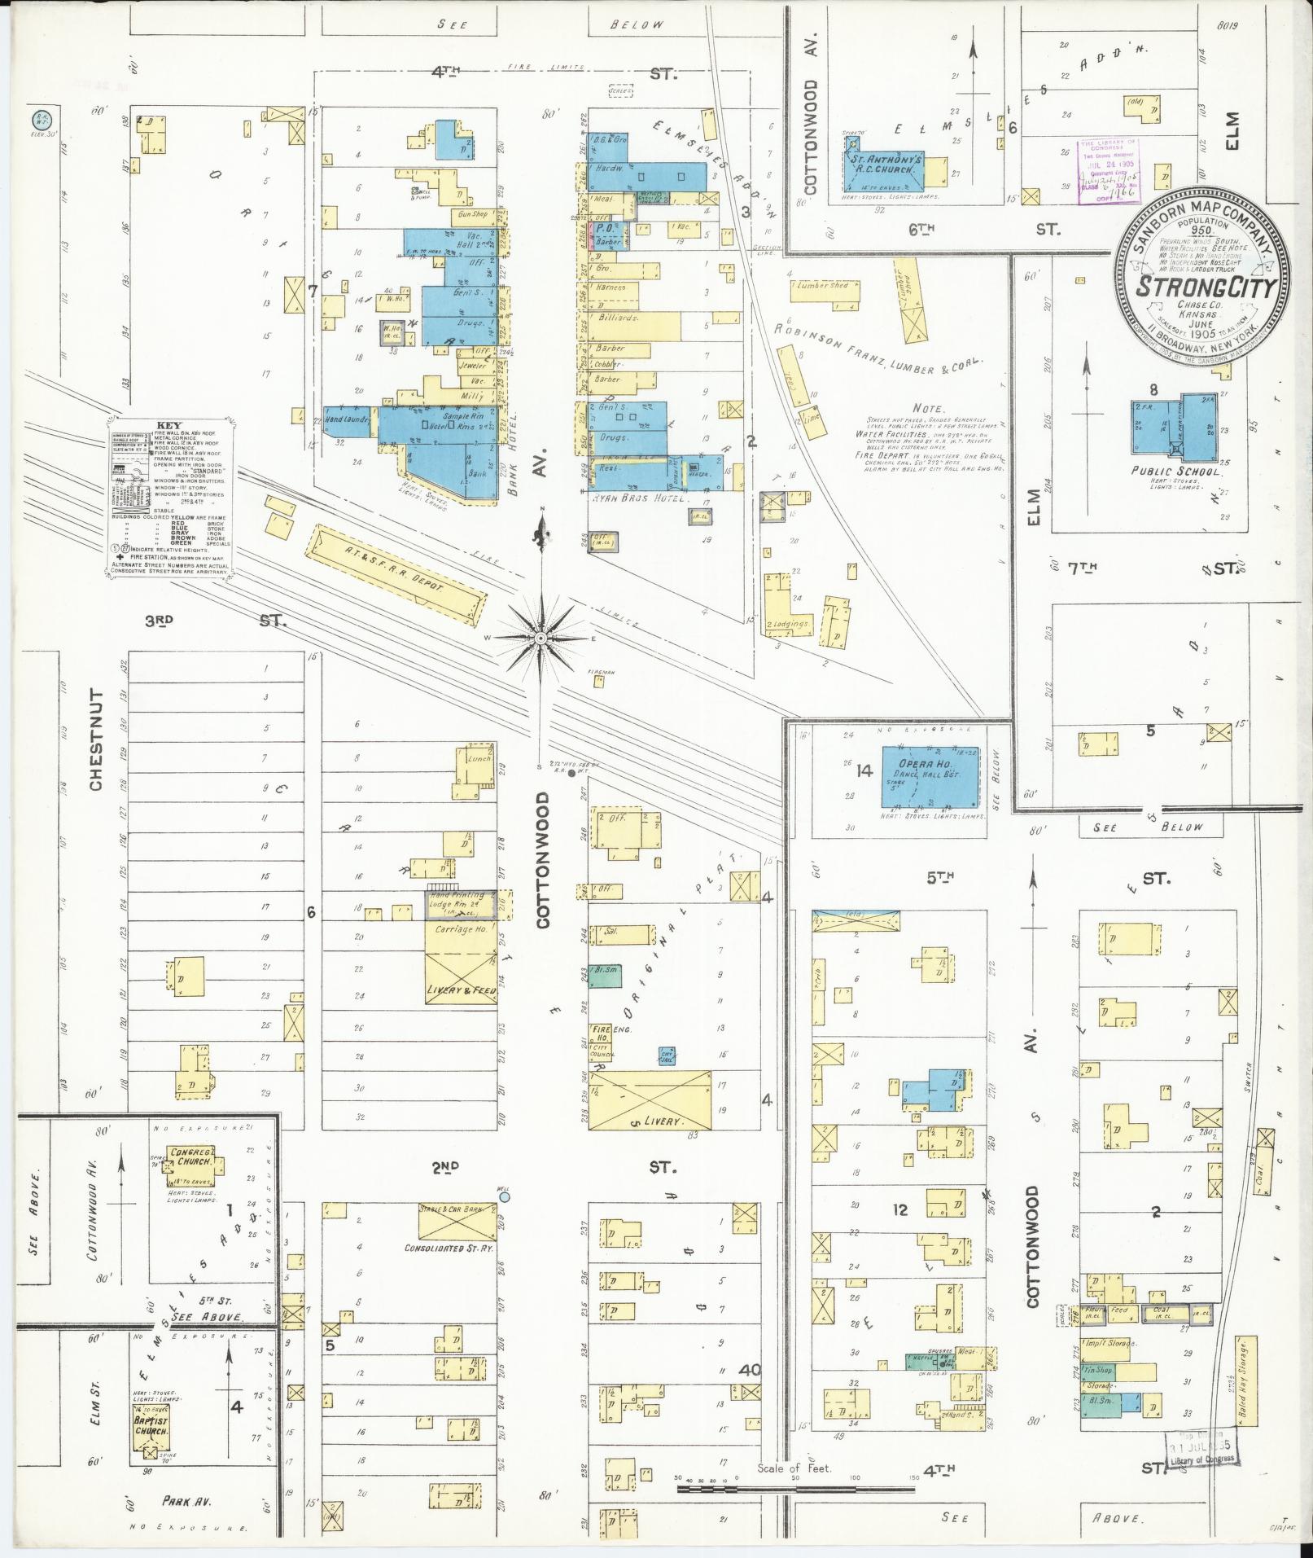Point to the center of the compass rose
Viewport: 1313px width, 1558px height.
[541, 639]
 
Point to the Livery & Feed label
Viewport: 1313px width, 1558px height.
[462, 991]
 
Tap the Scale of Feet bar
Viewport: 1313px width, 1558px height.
[794, 1490]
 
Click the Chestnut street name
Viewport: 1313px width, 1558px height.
[96, 740]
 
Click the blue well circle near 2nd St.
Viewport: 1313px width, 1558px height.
[505, 1197]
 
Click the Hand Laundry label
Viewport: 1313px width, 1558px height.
[348, 419]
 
